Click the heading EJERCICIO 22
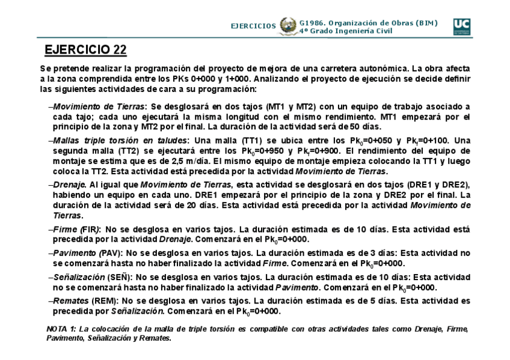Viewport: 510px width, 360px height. pyautogui.click(x=86, y=49)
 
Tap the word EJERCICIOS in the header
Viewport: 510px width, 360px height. pyautogui.click(x=254, y=26)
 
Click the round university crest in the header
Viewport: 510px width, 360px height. pyautogui.click(x=287, y=26)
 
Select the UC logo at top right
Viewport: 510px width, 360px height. pyautogui.click(x=463, y=25)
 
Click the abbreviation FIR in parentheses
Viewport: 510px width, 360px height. pyautogui.click(x=90, y=230)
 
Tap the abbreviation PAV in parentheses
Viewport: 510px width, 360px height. pyautogui.click(x=110, y=254)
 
